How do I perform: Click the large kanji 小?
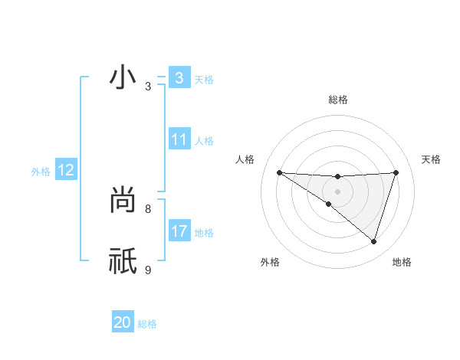tap(123, 78)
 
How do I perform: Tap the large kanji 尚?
tap(123, 200)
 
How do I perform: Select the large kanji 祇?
tap(123, 260)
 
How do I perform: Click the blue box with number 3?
tap(179, 78)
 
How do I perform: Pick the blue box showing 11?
tap(179, 139)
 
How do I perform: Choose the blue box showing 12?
tap(65, 170)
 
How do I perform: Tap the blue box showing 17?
tap(179, 231)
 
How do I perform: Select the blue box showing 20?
tap(123, 322)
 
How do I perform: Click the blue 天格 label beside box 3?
tap(204, 80)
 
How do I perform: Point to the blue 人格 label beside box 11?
tap(204, 141)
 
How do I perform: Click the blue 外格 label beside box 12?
tap(41, 172)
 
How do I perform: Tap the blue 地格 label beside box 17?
tap(204, 233)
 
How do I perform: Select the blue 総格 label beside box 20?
tap(147, 324)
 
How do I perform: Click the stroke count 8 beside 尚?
tap(148, 208)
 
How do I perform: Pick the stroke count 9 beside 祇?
tap(148, 269)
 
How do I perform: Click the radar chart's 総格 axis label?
tap(338, 100)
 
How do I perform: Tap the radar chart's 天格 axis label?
tap(431, 159)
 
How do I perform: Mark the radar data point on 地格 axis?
tap(373, 241)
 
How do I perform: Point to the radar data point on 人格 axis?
tap(279, 172)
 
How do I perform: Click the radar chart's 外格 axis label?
tap(270, 262)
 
